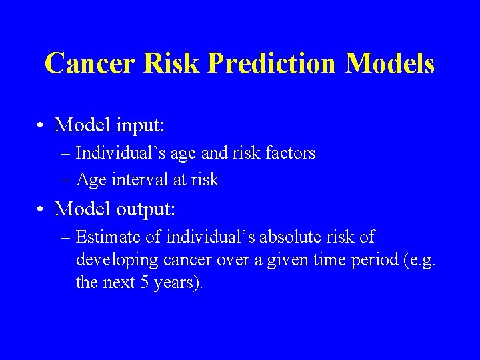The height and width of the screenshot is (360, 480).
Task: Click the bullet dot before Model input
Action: point(41,125)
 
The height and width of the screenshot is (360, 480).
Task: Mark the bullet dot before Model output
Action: point(41,209)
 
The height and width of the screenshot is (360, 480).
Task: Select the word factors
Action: point(290,153)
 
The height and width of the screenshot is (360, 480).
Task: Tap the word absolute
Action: point(289,237)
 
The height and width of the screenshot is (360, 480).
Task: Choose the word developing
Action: point(111,260)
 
